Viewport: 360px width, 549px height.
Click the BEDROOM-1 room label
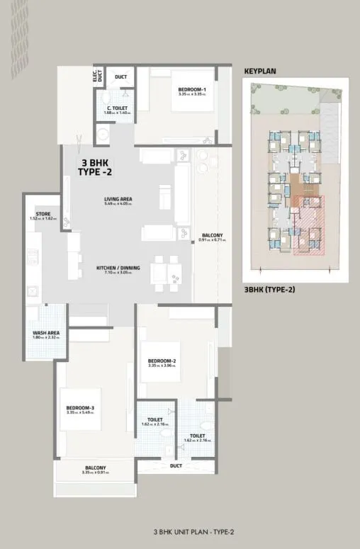pyautogui.click(x=191, y=89)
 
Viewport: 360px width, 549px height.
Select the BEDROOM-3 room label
pyautogui.click(x=80, y=407)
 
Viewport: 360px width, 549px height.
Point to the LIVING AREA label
pyautogui.click(x=118, y=199)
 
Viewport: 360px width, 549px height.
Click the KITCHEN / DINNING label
pyautogui.click(x=118, y=268)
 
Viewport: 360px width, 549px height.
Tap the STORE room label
pyautogui.click(x=43, y=214)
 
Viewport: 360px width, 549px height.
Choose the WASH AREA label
pyautogui.click(x=45, y=332)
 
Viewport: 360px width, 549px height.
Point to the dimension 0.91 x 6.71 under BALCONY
pyautogui.click(x=213, y=240)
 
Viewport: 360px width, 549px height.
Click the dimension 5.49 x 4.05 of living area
pyautogui.click(x=118, y=205)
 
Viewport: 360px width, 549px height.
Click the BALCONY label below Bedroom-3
pyautogui.click(x=95, y=468)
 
